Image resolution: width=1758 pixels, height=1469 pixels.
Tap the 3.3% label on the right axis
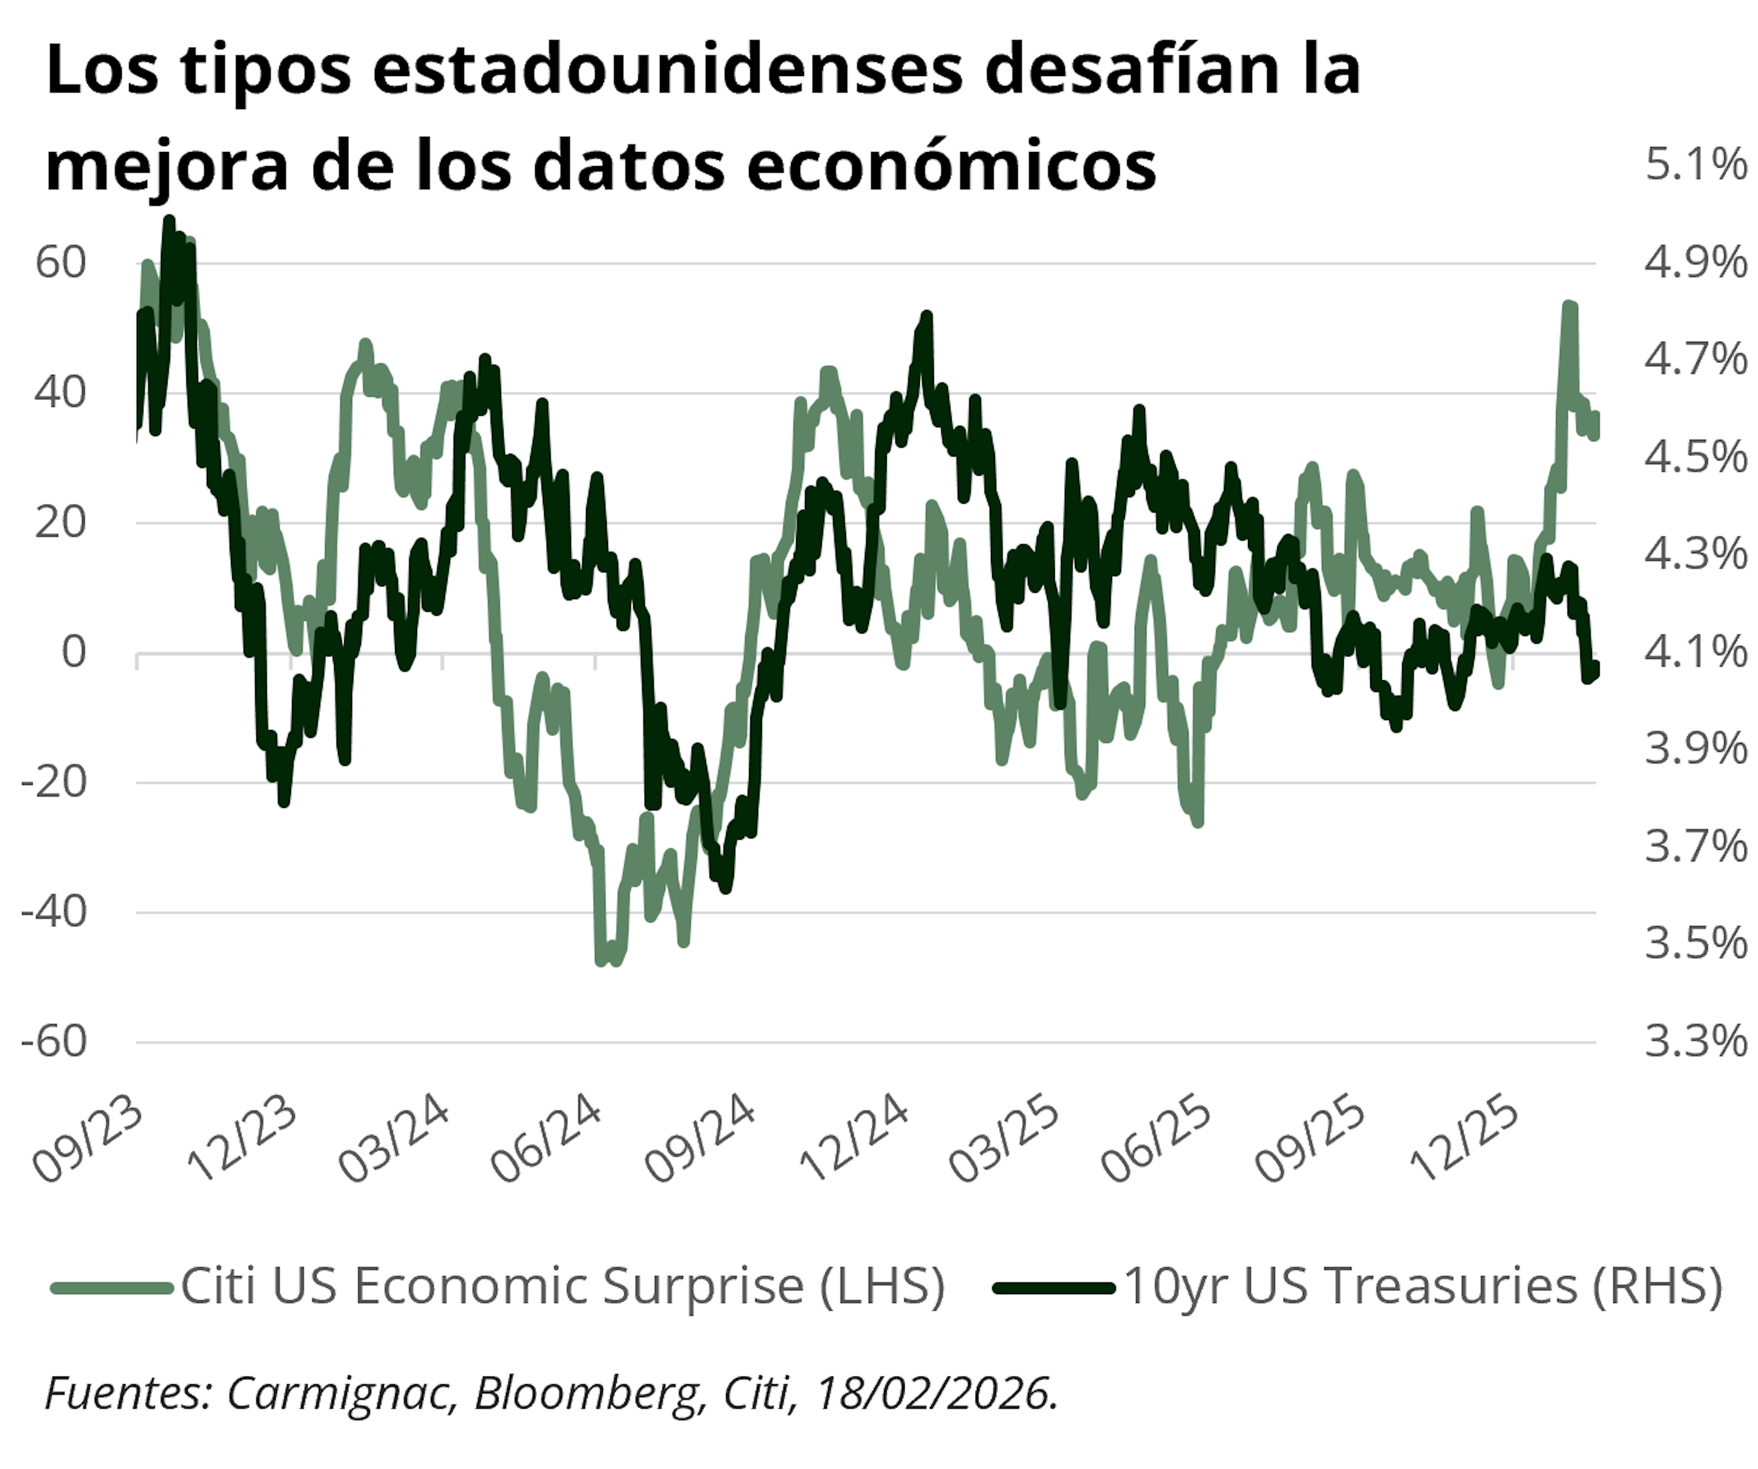[1695, 1041]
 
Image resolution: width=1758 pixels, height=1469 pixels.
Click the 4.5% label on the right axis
[1695, 456]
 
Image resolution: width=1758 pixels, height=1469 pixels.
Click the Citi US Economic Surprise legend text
[563, 1286]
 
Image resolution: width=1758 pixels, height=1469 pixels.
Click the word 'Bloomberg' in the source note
[586, 1393]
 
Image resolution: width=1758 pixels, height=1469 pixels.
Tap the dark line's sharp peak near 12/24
[926, 316]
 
